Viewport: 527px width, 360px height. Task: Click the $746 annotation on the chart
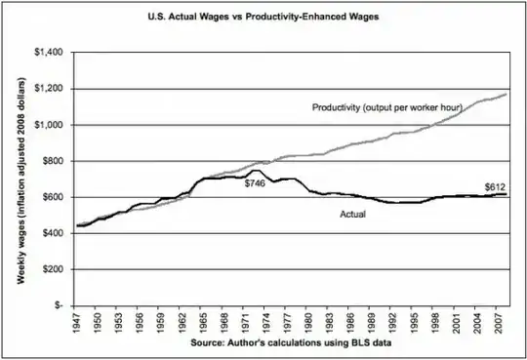[256, 183]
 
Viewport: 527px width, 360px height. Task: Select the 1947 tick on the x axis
[76, 322]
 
